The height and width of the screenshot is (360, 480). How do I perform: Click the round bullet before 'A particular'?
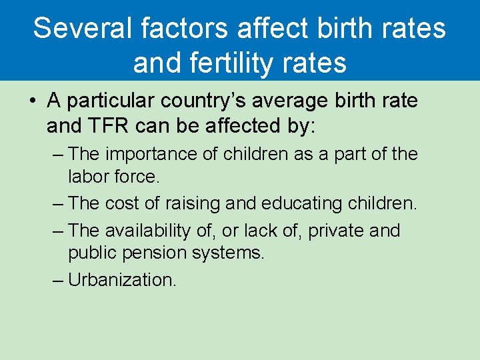[x=33, y=101]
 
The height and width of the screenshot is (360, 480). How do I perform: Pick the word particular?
[x=114, y=101]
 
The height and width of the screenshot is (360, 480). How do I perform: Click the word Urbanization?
[x=122, y=280]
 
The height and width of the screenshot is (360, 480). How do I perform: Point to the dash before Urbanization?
[x=57, y=280]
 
